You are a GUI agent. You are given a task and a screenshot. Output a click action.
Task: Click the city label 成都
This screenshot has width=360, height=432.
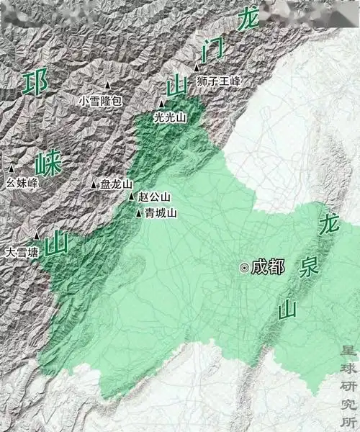[269, 267]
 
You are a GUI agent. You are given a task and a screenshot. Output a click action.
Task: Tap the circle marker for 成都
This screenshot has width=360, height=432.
[245, 267]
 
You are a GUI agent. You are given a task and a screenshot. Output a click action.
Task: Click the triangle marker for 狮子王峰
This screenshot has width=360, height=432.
[197, 68]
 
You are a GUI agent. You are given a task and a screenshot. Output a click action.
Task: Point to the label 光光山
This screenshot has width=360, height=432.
[170, 117]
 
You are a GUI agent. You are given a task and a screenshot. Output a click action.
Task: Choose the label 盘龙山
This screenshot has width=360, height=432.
[117, 184]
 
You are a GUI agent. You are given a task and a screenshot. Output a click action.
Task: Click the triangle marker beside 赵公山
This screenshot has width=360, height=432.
[132, 197]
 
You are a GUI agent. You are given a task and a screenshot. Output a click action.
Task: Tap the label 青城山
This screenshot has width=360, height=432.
[160, 213]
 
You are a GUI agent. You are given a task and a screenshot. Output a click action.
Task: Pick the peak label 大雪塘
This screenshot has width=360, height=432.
[22, 253]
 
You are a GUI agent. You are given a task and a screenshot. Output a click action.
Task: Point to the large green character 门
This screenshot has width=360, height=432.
[215, 52]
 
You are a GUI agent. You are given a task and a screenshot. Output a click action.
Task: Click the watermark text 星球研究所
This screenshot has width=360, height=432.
[348, 385]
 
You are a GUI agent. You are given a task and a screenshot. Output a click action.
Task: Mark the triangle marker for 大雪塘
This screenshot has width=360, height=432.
[37, 236]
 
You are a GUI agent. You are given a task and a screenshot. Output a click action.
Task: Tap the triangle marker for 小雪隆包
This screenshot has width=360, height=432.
[109, 85]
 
